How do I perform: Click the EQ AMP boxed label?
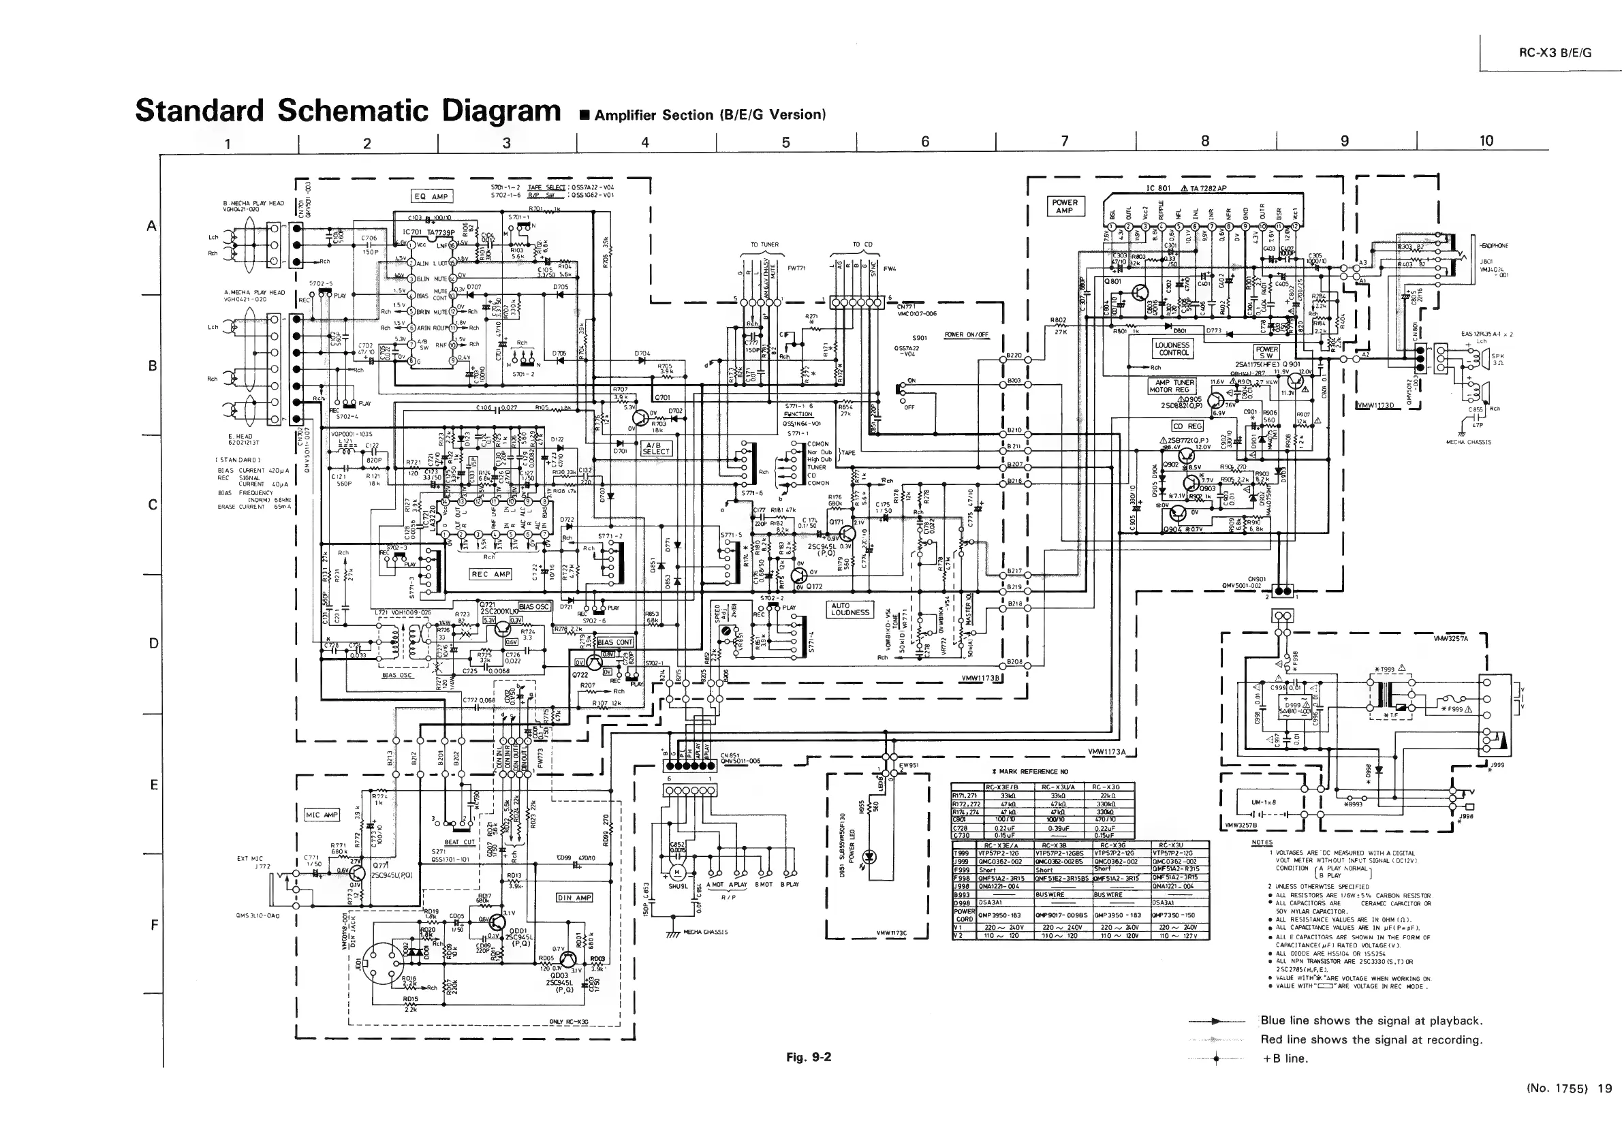pyautogui.click(x=431, y=196)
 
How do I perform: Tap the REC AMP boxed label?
pyautogui.click(x=490, y=574)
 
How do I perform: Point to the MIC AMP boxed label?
pyautogui.click(x=322, y=815)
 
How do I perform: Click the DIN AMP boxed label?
pyautogui.click(x=574, y=898)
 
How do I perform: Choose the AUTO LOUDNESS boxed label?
pyautogui.click(x=850, y=609)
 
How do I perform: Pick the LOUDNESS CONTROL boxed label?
pyautogui.click(x=1172, y=349)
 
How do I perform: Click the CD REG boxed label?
pyautogui.click(x=1187, y=426)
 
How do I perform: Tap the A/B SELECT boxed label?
pyautogui.click(x=656, y=448)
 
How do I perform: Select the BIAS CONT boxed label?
pyautogui.click(x=615, y=642)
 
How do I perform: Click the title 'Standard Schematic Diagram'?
pyautogui.click(x=347, y=111)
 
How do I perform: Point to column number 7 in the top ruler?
pyautogui.click(x=1065, y=141)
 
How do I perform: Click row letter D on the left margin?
pyautogui.click(x=153, y=644)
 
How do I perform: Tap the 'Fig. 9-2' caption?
pyautogui.click(x=808, y=1056)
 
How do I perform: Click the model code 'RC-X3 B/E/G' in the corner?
pyautogui.click(x=1555, y=53)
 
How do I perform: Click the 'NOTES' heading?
pyautogui.click(x=1261, y=842)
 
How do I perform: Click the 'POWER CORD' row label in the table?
pyautogui.click(x=965, y=915)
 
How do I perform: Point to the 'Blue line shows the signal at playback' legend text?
pyautogui.click(x=1371, y=1020)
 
